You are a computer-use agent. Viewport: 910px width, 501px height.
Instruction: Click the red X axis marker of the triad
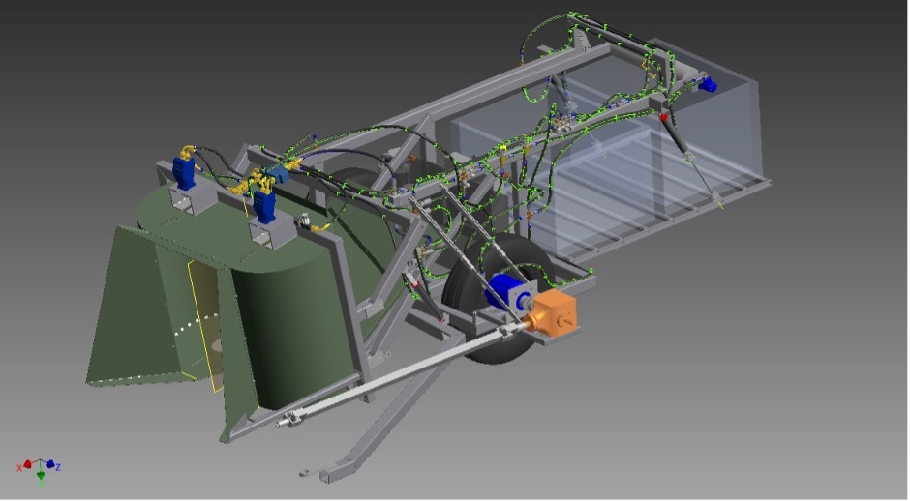point(27,464)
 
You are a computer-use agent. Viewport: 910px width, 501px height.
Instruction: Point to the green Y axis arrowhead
point(41,477)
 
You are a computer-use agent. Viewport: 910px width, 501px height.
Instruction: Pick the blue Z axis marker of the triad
point(50,464)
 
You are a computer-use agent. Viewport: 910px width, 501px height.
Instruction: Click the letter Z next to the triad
point(58,467)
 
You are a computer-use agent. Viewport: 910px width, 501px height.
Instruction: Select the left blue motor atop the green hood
point(185,172)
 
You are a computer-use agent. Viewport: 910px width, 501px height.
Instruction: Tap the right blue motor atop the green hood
point(264,205)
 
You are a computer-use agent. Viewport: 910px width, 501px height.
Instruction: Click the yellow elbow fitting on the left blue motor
point(187,151)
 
